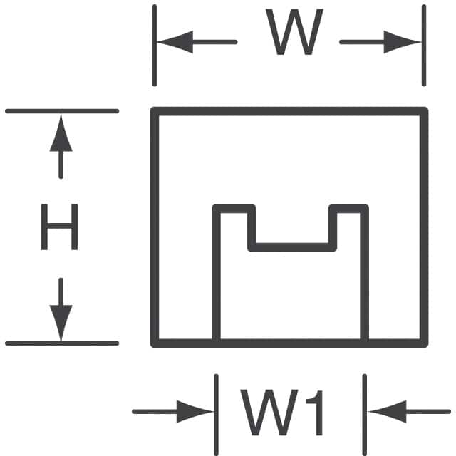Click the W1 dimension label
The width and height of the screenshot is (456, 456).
point(283,412)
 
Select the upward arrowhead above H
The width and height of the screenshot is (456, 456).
point(61,134)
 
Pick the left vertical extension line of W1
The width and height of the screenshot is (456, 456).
point(217,406)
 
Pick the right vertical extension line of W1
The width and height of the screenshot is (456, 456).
point(366,406)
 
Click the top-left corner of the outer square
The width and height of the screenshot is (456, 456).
point(155,110)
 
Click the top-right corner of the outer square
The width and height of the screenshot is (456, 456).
point(425,110)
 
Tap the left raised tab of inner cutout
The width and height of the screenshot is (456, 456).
point(234,209)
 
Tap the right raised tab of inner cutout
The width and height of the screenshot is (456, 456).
point(349,209)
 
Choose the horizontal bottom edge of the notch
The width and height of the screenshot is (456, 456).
point(291,247)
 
